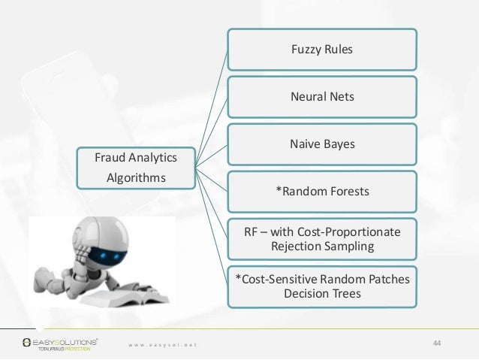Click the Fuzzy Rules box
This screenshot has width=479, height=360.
[321, 50]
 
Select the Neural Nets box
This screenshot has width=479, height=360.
[321, 97]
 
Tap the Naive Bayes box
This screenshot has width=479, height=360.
[321, 144]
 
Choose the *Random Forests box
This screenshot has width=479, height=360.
[321, 191]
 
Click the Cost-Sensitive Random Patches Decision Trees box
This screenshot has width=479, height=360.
[321, 285]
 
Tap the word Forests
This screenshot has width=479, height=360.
[346, 191]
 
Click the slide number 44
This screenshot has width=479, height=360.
[438, 343]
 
